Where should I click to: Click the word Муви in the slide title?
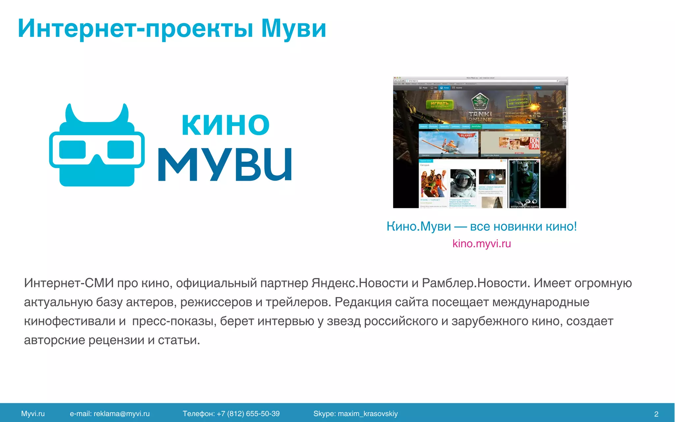[x=294, y=29]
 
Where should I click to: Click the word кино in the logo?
[x=225, y=124]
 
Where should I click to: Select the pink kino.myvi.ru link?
[x=482, y=244]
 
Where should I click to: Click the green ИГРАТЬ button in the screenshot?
[x=439, y=105]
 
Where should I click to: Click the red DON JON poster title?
[x=534, y=143]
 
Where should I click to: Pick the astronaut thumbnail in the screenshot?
[x=463, y=183]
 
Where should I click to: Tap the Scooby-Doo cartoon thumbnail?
[x=434, y=183]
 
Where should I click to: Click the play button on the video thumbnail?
[x=492, y=177]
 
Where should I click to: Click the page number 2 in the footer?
[x=656, y=414]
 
